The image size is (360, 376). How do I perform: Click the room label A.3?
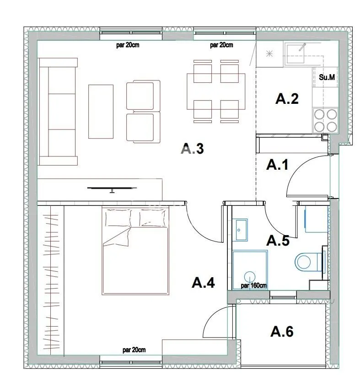[x=192, y=149]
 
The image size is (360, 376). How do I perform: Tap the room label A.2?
[x=287, y=99]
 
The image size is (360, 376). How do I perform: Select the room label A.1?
[x=277, y=165]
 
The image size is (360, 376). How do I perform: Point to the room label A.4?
[x=203, y=283]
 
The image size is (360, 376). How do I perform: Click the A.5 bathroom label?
[x=278, y=240]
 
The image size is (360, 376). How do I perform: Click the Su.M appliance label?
[x=327, y=77]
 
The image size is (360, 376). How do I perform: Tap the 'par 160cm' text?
[x=253, y=286]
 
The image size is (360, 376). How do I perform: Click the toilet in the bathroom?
[x=306, y=263]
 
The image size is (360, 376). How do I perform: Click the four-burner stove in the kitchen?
[x=325, y=120]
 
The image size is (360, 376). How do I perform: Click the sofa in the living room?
[x=57, y=111]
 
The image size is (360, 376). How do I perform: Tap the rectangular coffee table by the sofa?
[x=101, y=110]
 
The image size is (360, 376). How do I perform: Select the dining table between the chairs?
[x=215, y=91]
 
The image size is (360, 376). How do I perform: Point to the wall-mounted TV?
[x=112, y=188]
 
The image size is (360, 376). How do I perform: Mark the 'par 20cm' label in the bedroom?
[x=134, y=350]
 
